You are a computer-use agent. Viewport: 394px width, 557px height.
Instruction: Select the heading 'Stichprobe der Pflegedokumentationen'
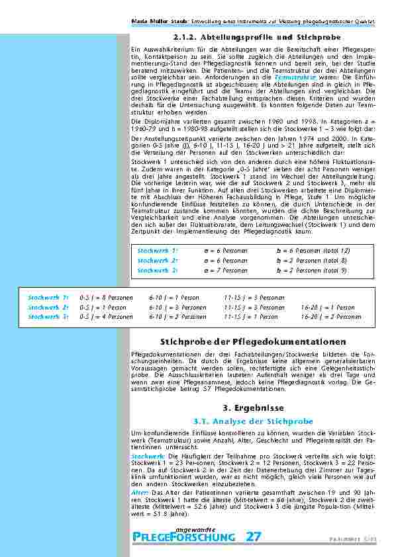click(x=254, y=341)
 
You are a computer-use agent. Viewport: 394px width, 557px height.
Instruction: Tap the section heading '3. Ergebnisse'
click(x=254, y=407)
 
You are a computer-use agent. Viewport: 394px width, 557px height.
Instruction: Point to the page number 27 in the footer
click(x=253, y=537)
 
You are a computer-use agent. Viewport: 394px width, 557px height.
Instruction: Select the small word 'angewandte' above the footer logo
click(x=195, y=528)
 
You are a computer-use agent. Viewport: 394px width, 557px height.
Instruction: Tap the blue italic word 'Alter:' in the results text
click(x=140, y=492)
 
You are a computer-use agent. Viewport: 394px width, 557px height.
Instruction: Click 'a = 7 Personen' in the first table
click(x=226, y=270)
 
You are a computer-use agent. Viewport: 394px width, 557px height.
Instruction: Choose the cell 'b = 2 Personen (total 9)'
click(x=311, y=270)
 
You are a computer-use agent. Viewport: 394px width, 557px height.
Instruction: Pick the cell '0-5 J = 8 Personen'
click(x=106, y=298)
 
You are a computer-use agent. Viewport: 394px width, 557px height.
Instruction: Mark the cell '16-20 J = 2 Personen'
click(x=331, y=316)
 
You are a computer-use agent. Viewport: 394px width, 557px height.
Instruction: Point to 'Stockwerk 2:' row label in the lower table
click(x=48, y=307)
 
